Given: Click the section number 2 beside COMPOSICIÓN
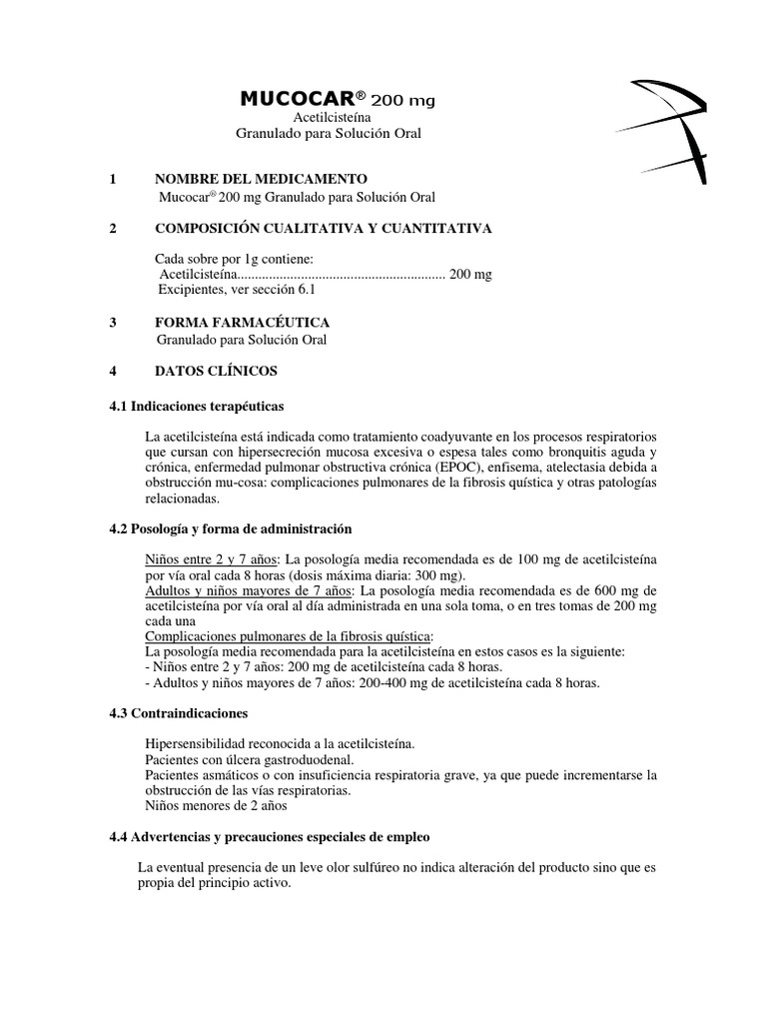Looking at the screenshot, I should coord(113,229).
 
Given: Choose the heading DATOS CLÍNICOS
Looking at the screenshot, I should coord(217,371).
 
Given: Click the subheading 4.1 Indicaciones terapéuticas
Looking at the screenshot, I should coord(196,407).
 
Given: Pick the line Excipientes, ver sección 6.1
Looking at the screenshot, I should coord(237,290).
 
